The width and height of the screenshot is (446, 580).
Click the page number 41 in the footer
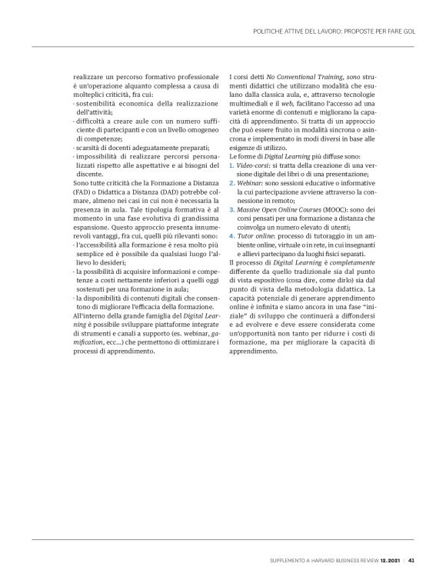411,558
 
